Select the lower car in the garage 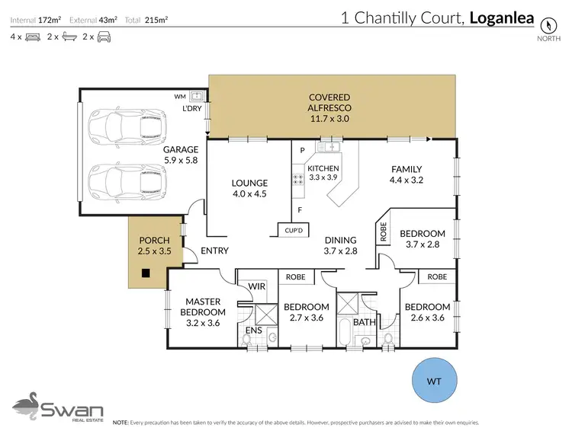click(117, 180)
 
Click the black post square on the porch click(146, 273)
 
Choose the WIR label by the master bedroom click(256, 286)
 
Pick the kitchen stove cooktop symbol click(297, 180)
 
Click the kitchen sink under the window click(331, 146)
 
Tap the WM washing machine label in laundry click(180, 97)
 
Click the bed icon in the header click(33, 37)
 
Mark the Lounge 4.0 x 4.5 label click(249, 187)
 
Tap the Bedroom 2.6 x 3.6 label click(426, 312)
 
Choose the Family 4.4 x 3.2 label click(407, 174)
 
